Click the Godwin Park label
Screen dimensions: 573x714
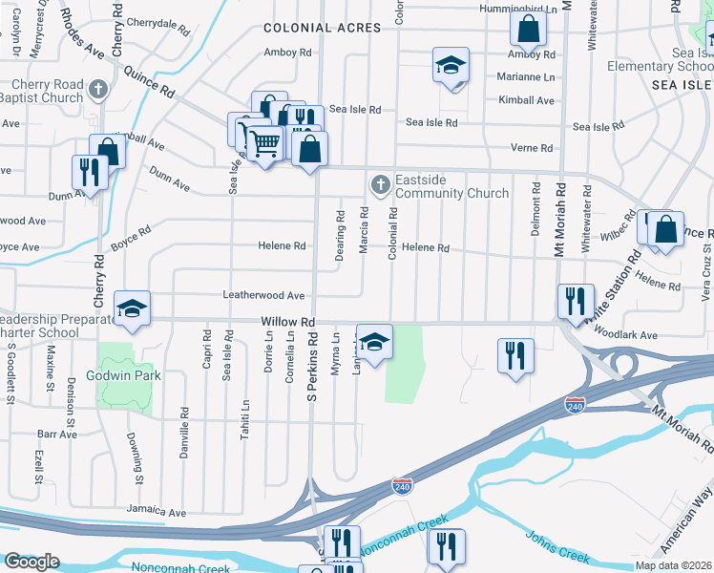tap(127, 375)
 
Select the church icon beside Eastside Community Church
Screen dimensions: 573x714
tap(379, 183)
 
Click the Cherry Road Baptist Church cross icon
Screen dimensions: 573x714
tap(96, 91)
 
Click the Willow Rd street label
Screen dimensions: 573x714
tap(288, 324)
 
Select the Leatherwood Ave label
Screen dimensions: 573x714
tap(263, 296)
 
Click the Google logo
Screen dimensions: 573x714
tap(31, 562)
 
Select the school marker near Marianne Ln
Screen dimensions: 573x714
tap(451, 65)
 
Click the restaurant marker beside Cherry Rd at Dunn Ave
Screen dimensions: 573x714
tap(89, 172)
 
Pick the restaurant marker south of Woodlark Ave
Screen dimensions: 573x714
tap(515, 355)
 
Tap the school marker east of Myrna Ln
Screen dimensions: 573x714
tap(374, 342)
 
